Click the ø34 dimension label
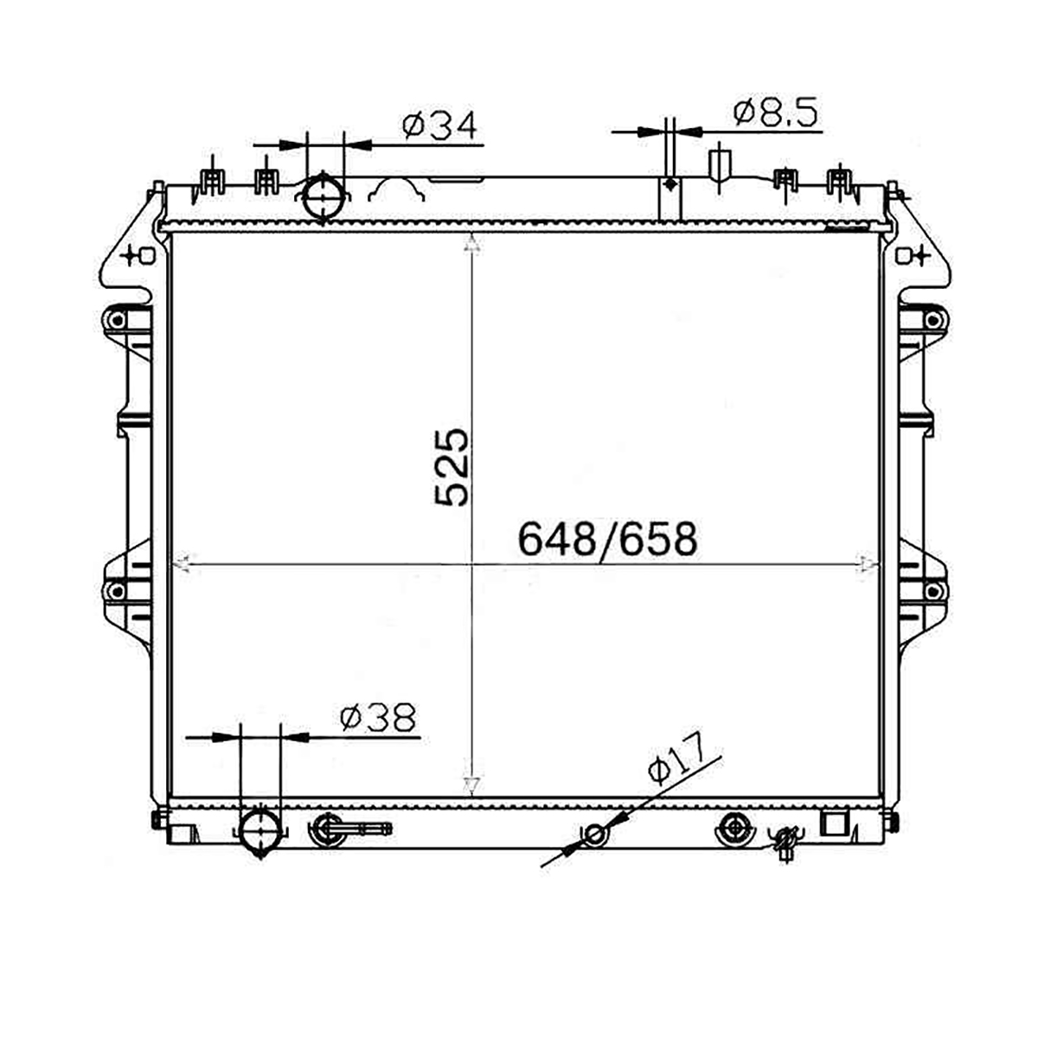pos(439,126)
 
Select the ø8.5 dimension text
pos(775,113)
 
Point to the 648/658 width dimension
pos(607,539)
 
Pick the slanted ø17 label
pos(677,759)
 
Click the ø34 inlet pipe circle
pos(324,198)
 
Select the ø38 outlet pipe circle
pos(260,830)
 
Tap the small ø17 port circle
pos(594,835)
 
